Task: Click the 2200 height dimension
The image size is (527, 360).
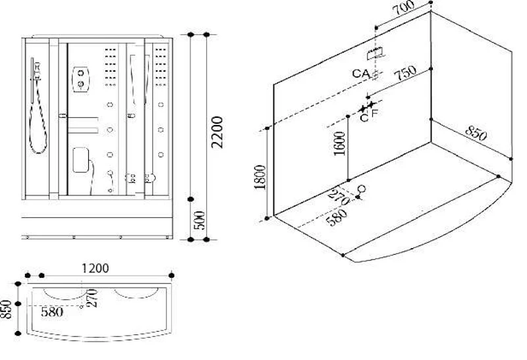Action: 217,132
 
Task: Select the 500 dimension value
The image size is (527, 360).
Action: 200,220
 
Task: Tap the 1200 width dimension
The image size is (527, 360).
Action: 96,269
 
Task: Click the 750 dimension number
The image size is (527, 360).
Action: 406,72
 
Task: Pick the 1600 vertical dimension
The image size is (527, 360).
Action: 340,143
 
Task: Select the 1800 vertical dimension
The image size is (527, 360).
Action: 260,177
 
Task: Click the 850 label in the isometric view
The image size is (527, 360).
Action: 476,134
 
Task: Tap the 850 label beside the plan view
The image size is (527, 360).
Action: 6,309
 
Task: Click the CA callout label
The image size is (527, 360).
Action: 361,73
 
